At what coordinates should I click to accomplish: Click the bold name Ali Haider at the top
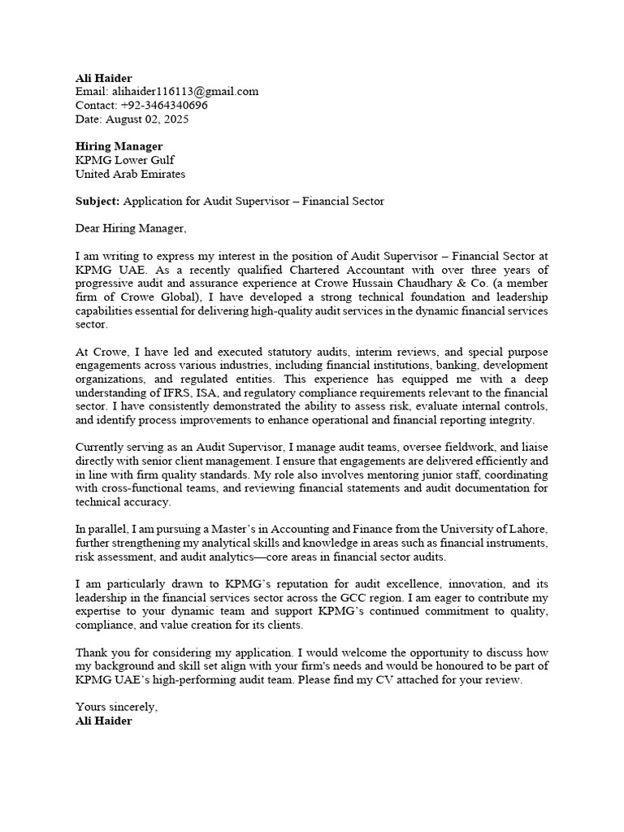click(x=103, y=78)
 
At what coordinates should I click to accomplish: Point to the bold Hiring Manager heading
click(x=119, y=146)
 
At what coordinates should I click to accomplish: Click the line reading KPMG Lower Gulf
click(x=124, y=160)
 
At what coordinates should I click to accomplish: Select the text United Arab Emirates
click(x=130, y=174)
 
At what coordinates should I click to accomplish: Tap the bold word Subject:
click(x=97, y=201)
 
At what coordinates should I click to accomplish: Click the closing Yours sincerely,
click(x=116, y=707)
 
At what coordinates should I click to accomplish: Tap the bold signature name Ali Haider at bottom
click(x=103, y=721)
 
